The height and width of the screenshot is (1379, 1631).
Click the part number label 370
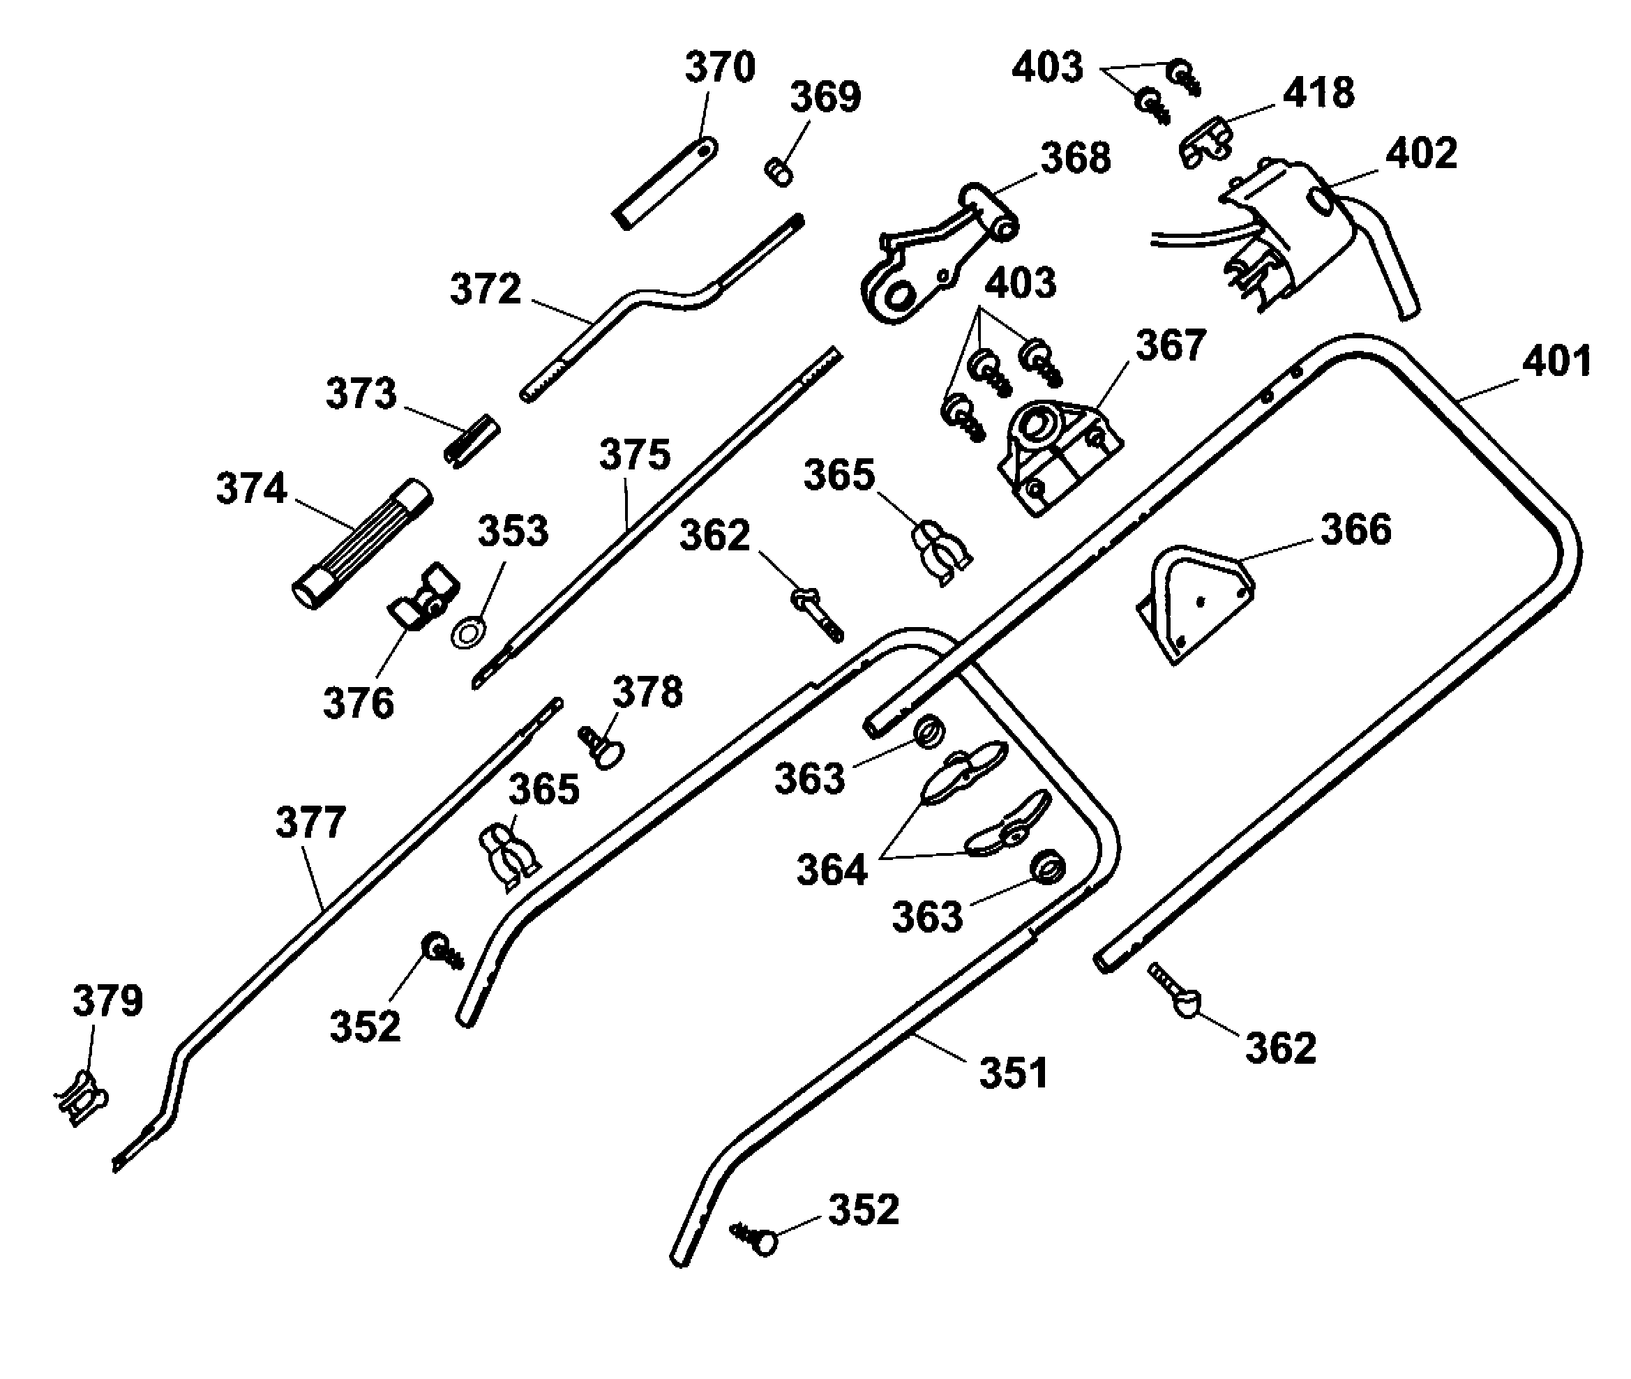point(720,68)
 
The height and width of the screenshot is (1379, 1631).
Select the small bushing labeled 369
point(779,171)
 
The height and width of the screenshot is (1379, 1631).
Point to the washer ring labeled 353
point(467,633)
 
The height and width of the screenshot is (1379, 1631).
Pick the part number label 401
point(1556,363)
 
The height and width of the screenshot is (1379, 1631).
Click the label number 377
point(310,823)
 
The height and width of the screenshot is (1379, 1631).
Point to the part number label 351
point(1014,1073)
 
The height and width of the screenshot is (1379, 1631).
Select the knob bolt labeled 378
point(602,746)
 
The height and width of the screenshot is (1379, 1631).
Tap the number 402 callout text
point(1421,154)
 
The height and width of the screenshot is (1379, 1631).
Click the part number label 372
point(485,290)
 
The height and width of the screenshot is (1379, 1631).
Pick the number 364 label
point(832,870)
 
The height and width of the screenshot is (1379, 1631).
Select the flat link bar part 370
point(666,183)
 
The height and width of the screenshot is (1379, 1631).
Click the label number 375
point(634,455)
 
